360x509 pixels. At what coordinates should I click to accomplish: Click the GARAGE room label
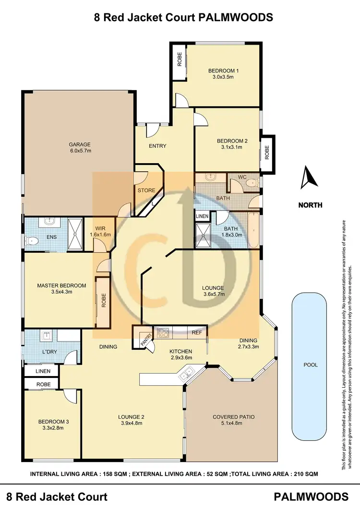[x=80, y=144]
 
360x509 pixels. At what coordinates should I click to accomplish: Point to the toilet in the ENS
[x=32, y=241]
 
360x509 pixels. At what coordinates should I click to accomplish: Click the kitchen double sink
[x=187, y=373]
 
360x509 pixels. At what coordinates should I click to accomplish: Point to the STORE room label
[x=146, y=190]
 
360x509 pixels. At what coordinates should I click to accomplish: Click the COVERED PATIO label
[x=234, y=417]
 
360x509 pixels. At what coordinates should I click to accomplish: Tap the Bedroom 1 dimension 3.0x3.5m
[x=223, y=77]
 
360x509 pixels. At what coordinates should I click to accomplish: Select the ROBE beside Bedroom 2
[x=267, y=153]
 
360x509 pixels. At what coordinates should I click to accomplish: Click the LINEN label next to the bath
[x=202, y=216]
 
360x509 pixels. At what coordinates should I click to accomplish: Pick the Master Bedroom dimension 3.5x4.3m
[x=61, y=292]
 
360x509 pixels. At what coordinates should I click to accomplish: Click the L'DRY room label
[x=49, y=352]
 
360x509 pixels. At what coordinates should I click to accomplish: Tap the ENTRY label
[x=157, y=146]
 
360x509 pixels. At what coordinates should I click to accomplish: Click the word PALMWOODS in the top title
[x=235, y=17]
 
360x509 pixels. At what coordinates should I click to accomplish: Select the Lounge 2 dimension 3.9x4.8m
[x=132, y=424]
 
